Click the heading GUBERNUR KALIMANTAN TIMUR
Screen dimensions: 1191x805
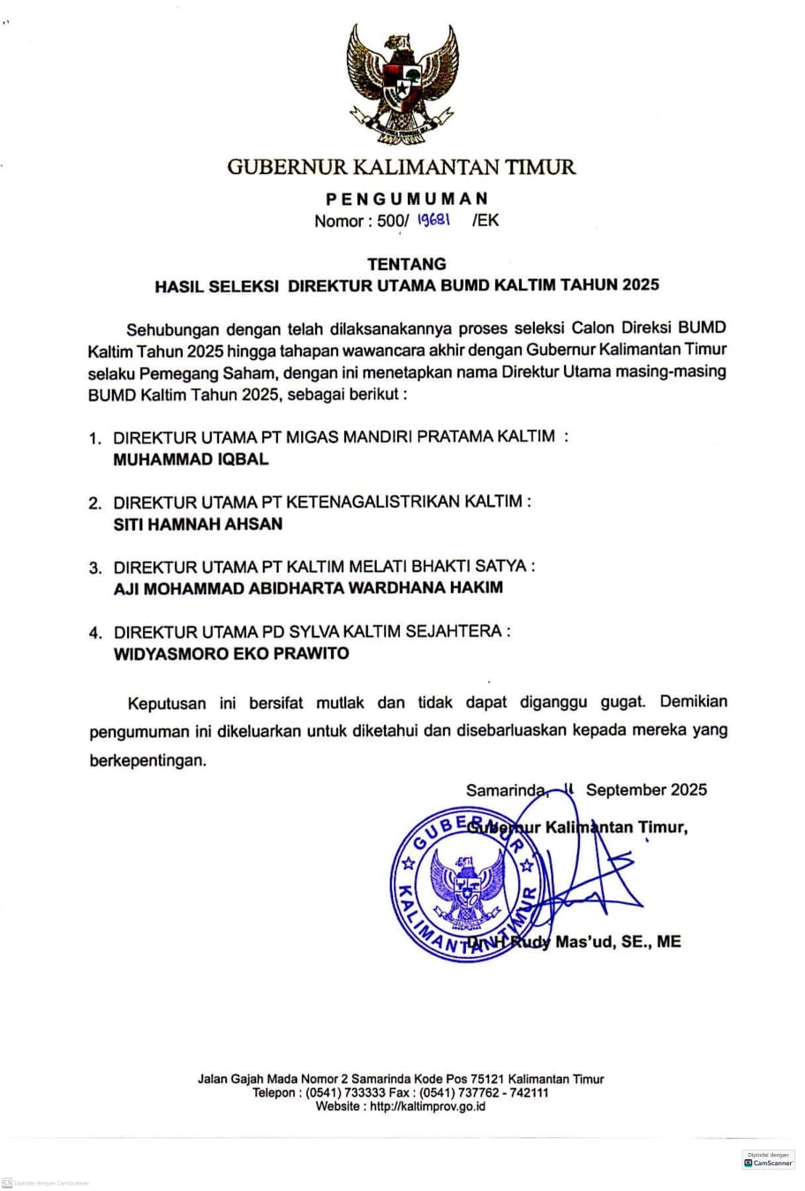pyautogui.click(x=402, y=166)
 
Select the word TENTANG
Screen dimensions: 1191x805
pyautogui.click(x=407, y=263)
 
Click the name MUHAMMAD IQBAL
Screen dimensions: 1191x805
pyautogui.click(x=191, y=459)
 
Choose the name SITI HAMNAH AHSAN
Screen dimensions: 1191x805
pyautogui.click(x=198, y=524)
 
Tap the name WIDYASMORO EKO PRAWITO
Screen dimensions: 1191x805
pyautogui.click(x=231, y=654)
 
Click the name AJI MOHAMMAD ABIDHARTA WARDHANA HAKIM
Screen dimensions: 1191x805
pyautogui.click(x=308, y=588)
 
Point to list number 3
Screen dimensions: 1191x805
pyautogui.click(x=95, y=568)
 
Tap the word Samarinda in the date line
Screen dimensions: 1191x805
pyautogui.click(x=506, y=790)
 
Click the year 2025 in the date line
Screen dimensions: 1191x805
pyautogui.click(x=688, y=789)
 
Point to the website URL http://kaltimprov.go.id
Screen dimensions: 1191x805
pyautogui.click(x=426, y=1106)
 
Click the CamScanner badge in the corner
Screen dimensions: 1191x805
pyautogui.click(x=769, y=1160)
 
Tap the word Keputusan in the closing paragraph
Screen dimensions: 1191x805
pyautogui.click(x=167, y=704)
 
